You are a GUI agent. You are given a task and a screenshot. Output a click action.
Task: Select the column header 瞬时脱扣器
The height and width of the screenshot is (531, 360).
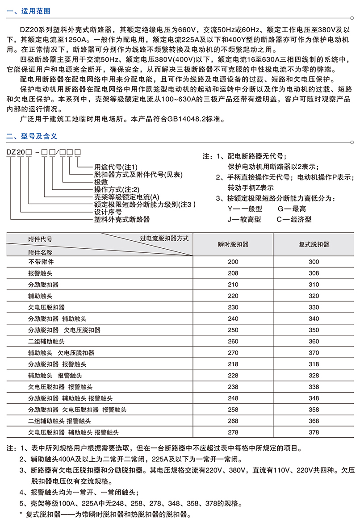tap(233, 244)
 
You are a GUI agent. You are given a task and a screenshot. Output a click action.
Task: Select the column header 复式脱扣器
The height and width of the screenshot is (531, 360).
tap(314, 244)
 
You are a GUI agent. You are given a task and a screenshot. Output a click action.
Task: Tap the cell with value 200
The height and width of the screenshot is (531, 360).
tap(233, 262)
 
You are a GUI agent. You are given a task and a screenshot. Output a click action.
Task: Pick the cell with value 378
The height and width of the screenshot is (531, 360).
tap(314, 432)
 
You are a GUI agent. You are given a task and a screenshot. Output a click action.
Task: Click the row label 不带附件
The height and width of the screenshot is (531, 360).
tap(41, 262)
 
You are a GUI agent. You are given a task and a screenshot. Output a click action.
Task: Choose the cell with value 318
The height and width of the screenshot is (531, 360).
tap(314, 364)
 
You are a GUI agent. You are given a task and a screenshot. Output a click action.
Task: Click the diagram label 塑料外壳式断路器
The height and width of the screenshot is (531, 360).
tap(121, 220)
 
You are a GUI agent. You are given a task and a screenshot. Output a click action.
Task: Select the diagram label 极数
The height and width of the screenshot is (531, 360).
tap(100, 182)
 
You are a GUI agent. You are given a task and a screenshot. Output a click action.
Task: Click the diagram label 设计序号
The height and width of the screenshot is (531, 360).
tap(106, 212)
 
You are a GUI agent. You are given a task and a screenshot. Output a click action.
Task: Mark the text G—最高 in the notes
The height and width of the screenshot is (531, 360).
tap(292, 209)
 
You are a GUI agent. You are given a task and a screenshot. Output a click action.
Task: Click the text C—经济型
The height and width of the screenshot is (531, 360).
tap(294, 219)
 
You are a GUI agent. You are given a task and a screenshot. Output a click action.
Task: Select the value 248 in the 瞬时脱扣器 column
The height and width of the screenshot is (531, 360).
tap(233, 398)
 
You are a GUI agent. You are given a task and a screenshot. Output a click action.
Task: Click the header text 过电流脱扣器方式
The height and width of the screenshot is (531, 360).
tap(164, 238)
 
